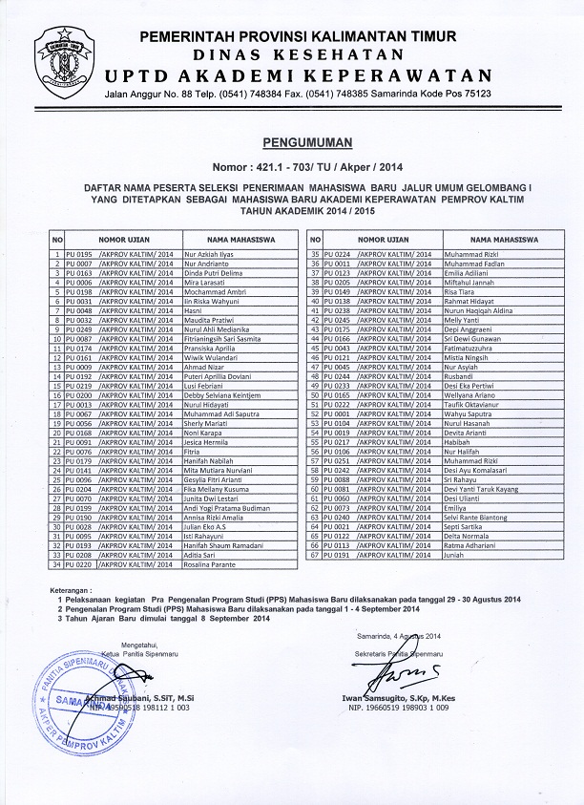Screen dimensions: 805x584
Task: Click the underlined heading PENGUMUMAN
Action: pyautogui.click(x=294, y=142)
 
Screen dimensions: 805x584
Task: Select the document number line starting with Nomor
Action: pyautogui.click(x=294, y=165)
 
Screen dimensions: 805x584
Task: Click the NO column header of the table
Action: pyautogui.click(x=57, y=239)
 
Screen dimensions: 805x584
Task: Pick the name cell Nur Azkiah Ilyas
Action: pyautogui.click(x=210, y=254)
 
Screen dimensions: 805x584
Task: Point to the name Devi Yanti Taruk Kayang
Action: pyautogui.click(x=481, y=489)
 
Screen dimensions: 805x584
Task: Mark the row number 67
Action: pyautogui.click(x=314, y=555)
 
